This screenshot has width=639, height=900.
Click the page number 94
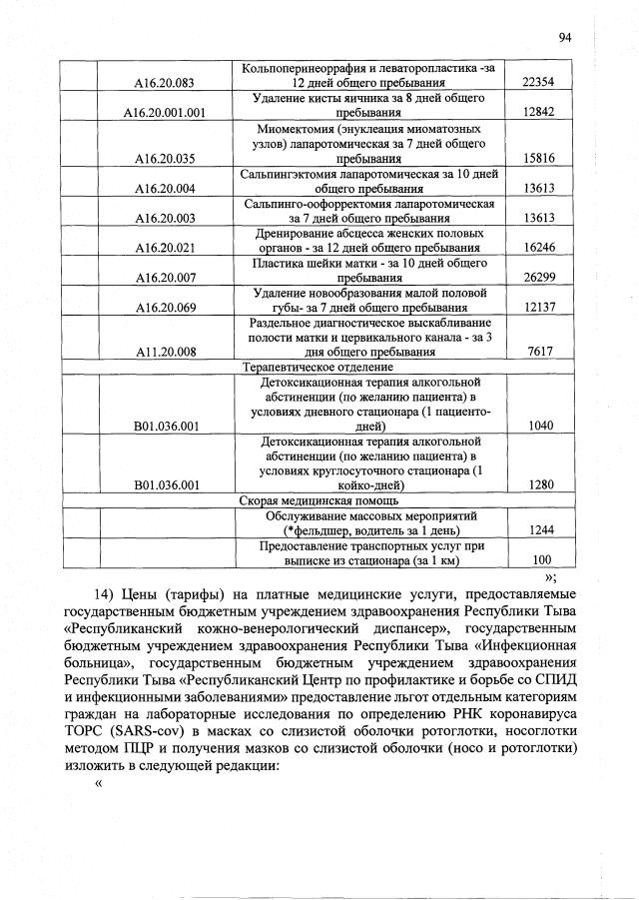click(x=564, y=38)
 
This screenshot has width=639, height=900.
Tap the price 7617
click(x=538, y=352)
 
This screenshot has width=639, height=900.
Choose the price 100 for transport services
click(x=542, y=560)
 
